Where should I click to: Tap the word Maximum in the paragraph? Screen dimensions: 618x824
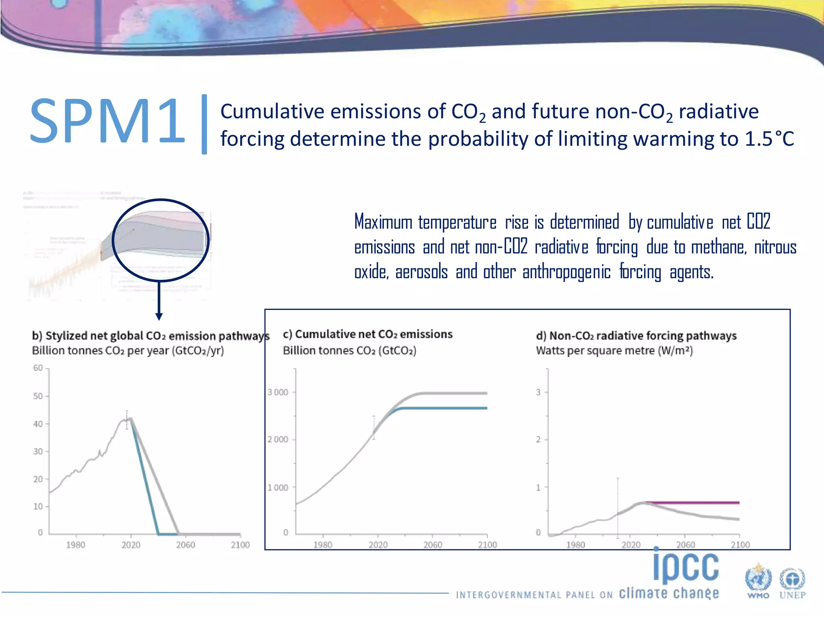383,222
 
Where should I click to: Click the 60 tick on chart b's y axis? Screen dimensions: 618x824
38,368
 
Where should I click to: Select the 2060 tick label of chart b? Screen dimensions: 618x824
185,545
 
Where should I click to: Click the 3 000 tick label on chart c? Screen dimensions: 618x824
278,392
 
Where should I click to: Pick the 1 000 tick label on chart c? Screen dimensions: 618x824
278,488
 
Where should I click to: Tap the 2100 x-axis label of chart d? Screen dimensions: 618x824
740,545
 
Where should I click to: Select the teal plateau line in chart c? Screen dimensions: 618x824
443,408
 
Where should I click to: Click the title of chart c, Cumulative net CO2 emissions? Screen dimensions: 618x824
368,334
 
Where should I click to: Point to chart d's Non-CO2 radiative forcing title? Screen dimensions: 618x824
636,336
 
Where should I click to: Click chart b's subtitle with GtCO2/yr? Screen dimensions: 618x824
128,351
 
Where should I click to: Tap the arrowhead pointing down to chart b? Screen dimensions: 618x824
159,317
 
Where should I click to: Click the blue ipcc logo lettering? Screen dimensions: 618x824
686,567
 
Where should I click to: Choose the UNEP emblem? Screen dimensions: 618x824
792,581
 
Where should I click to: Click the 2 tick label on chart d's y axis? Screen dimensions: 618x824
538,439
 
